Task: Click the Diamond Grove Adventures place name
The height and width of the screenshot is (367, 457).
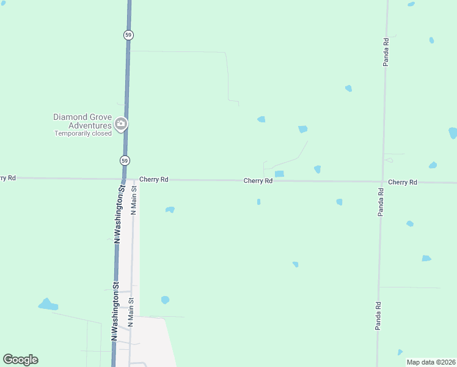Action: (x=82, y=121)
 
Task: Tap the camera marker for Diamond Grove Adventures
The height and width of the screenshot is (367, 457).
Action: (x=121, y=124)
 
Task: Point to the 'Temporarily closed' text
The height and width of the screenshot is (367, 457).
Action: (x=83, y=133)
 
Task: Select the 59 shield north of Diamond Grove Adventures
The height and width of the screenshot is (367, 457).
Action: (x=128, y=35)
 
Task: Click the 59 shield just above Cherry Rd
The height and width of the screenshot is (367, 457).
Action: (x=125, y=160)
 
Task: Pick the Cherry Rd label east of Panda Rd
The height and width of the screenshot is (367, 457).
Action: (x=402, y=182)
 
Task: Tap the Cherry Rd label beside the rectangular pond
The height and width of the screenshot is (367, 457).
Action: (x=258, y=180)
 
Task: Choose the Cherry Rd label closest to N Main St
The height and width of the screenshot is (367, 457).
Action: (x=153, y=180)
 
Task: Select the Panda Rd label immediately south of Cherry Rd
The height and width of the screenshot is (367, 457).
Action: (x=380, y=201)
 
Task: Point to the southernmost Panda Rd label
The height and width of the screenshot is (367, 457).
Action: (x=378, y=316)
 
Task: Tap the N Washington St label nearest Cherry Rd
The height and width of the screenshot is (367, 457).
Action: (x=120, y=214)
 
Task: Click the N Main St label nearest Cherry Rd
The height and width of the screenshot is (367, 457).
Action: (x=134, y=201)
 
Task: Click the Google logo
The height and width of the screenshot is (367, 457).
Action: (x=20, y=360)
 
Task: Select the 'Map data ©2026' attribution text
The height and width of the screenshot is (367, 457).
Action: (x=431, y=362)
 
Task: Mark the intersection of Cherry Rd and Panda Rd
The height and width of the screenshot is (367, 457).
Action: (x=382, y=182)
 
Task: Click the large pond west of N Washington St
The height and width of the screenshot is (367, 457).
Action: (x=47, y=304)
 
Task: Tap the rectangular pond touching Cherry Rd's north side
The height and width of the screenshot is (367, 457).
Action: (x=279, y=174)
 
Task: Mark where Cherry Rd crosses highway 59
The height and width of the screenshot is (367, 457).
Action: (x=123, y=179)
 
